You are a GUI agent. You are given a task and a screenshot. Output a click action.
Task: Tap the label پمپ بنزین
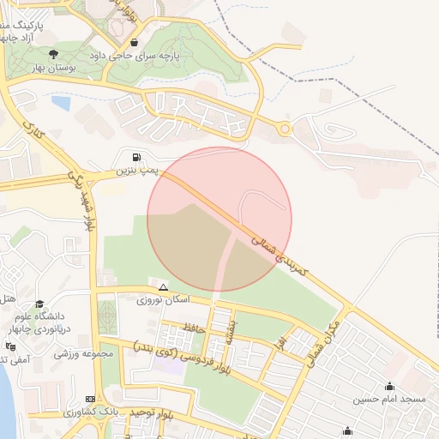[139, 171]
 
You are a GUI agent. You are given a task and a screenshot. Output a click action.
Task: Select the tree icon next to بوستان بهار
[54, 54]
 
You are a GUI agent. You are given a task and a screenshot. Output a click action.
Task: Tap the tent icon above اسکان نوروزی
[163, 287]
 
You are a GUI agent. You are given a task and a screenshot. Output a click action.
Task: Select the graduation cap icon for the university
[39, 304]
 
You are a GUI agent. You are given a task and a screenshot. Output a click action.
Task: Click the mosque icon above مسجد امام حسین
[390, 386]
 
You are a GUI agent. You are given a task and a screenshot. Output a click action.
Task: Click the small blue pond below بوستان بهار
[61, 104]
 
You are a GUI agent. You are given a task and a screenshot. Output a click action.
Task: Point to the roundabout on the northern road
[284, 129]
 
